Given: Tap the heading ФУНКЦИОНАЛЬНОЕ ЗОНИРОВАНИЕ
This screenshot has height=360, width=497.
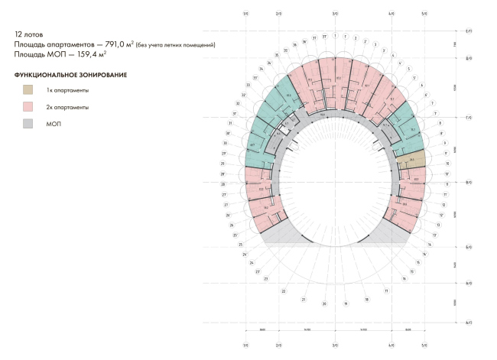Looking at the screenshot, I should point(70,75).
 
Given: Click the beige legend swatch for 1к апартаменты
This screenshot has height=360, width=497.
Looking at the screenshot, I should point(28,90).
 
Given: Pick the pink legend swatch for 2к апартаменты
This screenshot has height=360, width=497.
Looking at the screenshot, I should point(28,107).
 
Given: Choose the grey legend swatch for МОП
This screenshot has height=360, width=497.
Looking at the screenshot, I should point(28,123).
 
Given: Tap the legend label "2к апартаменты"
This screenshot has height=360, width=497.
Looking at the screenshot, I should point(67,108).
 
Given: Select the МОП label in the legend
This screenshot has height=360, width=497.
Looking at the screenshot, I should point(54,124).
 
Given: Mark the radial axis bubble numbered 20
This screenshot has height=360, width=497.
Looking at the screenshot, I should point(324,304).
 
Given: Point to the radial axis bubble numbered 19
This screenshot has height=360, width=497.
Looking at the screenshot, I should point(346,303).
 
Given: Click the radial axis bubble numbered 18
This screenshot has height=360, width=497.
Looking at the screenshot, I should point(366,299).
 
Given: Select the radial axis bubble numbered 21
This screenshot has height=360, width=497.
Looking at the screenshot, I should point(303,300).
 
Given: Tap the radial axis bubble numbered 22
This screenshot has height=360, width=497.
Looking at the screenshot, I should point(284,291).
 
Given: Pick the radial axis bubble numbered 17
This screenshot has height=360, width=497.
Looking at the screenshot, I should point(387,291).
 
